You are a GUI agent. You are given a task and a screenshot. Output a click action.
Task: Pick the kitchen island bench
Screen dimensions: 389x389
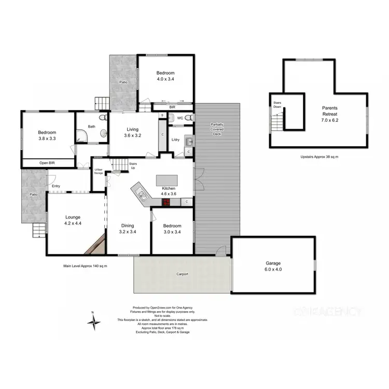tap(167, 179)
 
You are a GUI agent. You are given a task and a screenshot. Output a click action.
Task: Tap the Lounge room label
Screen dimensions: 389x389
tap(72, 217)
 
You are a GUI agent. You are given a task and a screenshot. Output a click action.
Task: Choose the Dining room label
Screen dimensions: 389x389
tap(128, 226)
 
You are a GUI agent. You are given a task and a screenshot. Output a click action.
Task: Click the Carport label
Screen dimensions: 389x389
tap(182, 273)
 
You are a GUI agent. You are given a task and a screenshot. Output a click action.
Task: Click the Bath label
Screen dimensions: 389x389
tap(92, 127)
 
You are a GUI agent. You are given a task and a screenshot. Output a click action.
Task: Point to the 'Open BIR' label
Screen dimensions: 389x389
tap(47, 163)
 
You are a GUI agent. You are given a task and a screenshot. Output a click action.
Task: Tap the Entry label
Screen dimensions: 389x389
tap(56, 186)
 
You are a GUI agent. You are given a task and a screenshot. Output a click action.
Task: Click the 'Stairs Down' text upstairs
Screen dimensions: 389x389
tap(277, 105)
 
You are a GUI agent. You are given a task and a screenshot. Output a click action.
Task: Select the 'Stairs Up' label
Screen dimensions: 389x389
tap(133, 166)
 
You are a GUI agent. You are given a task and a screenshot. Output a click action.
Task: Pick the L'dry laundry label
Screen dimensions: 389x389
tap(175, 140)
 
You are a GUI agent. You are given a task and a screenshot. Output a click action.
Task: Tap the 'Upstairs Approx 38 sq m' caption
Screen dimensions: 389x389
tap(319, 157)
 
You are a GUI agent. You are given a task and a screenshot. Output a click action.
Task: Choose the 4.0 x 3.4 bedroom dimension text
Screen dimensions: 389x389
tap(166, 79)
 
